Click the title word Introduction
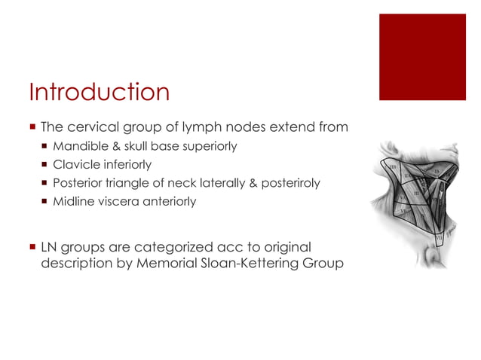pos(99,93)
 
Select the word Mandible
pos(77,146)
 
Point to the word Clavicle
pos(73,164)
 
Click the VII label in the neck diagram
pos(439,239)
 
